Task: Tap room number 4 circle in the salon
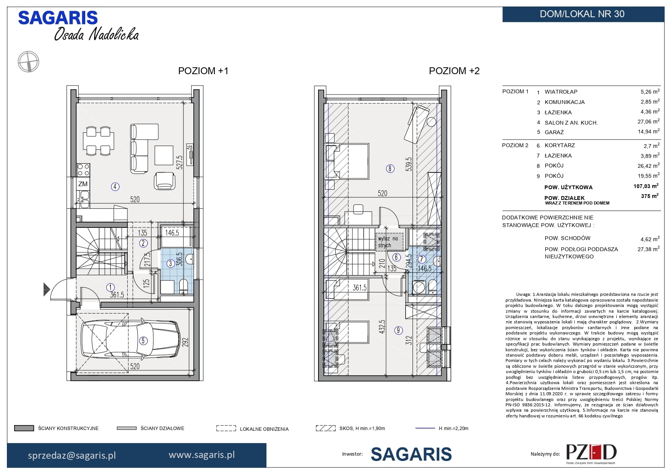(115, 187)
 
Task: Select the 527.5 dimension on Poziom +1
(179, 162)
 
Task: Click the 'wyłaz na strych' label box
(389, 242)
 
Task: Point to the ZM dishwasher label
(83, 184)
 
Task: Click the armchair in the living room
(165, 180)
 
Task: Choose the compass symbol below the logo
(29, 62)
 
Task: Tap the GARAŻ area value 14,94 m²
(650, 131)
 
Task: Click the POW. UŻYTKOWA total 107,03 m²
(646, 186)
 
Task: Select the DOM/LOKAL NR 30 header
(582, 14)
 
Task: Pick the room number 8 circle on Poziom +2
(390, 168)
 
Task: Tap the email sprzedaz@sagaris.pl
(72, 455)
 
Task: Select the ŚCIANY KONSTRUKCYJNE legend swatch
(24, 429)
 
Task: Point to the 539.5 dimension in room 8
(409, 164)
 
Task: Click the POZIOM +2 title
(454, 71)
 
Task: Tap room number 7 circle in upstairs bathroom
(421, 259)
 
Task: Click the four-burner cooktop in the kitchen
(83, 170)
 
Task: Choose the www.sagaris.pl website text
(201, 455)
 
